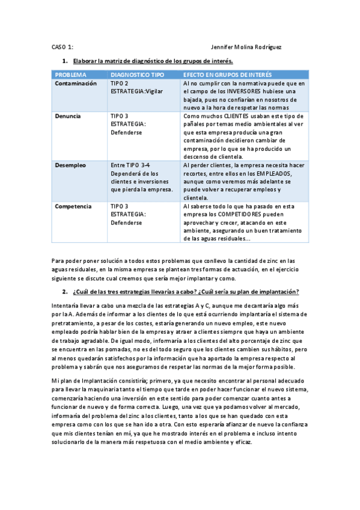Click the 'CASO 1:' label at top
pos(63,46)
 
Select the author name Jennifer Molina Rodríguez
pos(246,46)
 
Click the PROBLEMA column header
pos(70,75)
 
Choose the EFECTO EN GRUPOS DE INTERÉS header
pos(227,75)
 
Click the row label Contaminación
pos(75,84)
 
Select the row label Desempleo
pos(70,165)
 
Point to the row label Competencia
pos(73,206)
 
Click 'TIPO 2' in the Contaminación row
pos(120,84)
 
